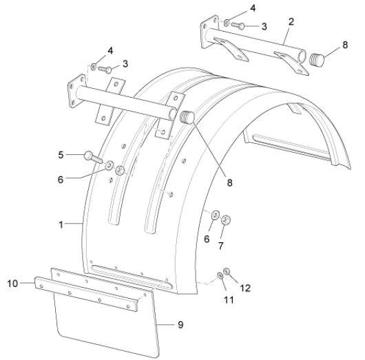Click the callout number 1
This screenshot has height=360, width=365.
click(61, 224)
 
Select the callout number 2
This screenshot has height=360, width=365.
click(291, 22)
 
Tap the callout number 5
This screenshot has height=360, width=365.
click(61, 155)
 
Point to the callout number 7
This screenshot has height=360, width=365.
click(220, 246)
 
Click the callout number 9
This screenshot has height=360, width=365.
click(180, 325)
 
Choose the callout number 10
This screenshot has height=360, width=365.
click(12, 284)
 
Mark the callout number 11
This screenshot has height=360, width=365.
click(229, 299)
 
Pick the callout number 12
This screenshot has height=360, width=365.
click(245, 288)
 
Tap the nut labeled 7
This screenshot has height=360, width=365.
click(226, 220)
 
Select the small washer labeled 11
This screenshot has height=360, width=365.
click(220, 275)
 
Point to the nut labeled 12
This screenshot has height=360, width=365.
click(227, 271)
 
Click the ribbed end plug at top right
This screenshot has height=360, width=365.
click(317, 60)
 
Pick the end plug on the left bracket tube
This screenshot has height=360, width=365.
click(187, 117)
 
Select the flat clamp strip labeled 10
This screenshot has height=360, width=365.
click(86, 294)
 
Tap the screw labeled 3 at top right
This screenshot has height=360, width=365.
click(238, 25)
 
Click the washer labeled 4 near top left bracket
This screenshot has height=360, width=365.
click(94, 67)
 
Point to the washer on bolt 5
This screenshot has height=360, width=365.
click(109, 165)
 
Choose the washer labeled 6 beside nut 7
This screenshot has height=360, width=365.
click(215, 215)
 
